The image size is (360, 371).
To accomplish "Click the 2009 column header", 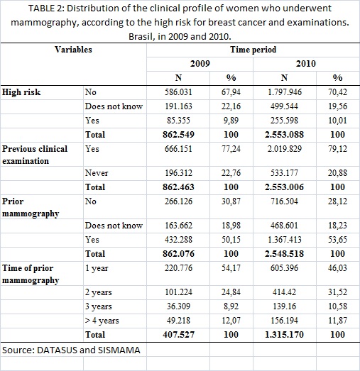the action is pyautogui.click(x=200, y=64).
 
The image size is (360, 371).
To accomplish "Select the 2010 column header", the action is pyautogui.click(x=306, y=64).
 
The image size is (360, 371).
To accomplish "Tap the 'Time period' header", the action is pyautogui.click(x=253, y=50).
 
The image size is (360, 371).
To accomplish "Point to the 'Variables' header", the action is pyautogui.click(x=73, y=50).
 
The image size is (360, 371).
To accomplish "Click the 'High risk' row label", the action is pyautogui.click(x=21, y=92).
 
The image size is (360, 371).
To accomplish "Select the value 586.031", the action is pyautogui.click(x=178, y=92).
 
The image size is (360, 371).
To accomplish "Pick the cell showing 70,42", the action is pyautogui.click(x=337, y=92).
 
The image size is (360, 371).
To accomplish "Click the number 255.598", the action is pyautogui.click(x=284, y=121).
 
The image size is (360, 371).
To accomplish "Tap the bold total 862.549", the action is pyautogui.click(x=178, y=135).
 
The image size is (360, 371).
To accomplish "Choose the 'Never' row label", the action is pyautogui.click(x=97, y=173).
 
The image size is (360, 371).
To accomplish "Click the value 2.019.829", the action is pyautogui.click(x=285, y=149).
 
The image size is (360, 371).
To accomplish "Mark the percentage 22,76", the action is pyautogui.click(x=231, y=173).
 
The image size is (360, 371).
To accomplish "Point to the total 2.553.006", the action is pyautogui.click(x=284, y=187).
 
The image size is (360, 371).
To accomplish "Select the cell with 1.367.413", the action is pyautogui.click(x=285, y=240).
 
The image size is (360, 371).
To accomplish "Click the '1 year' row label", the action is pyautogui.click(x=97, y=268).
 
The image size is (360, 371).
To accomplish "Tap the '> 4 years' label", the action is pyautogui.click(x=102, y=321).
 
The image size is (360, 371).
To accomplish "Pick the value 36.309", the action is pyautogui.click(x=178, y=306).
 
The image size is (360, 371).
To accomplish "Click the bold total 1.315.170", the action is pyautogui.click(x=284, y=335).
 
